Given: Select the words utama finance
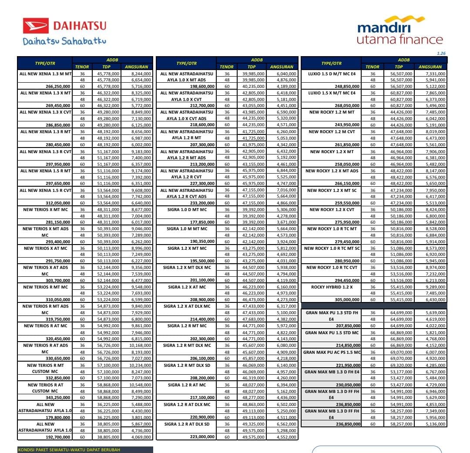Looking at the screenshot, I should click(x=399, y=40).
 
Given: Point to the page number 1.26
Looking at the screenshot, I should click(x=441, y=54).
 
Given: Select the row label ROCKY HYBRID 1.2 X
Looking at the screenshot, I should click(x=332, y=287).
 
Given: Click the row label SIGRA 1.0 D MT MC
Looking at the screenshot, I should click(x=187, y=210).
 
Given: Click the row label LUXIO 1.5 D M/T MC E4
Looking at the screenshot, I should click(x=332, y=74).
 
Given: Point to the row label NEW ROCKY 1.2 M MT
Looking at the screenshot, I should click(x=332, y=112).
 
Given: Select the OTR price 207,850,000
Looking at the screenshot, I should click(x=347, y=325).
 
